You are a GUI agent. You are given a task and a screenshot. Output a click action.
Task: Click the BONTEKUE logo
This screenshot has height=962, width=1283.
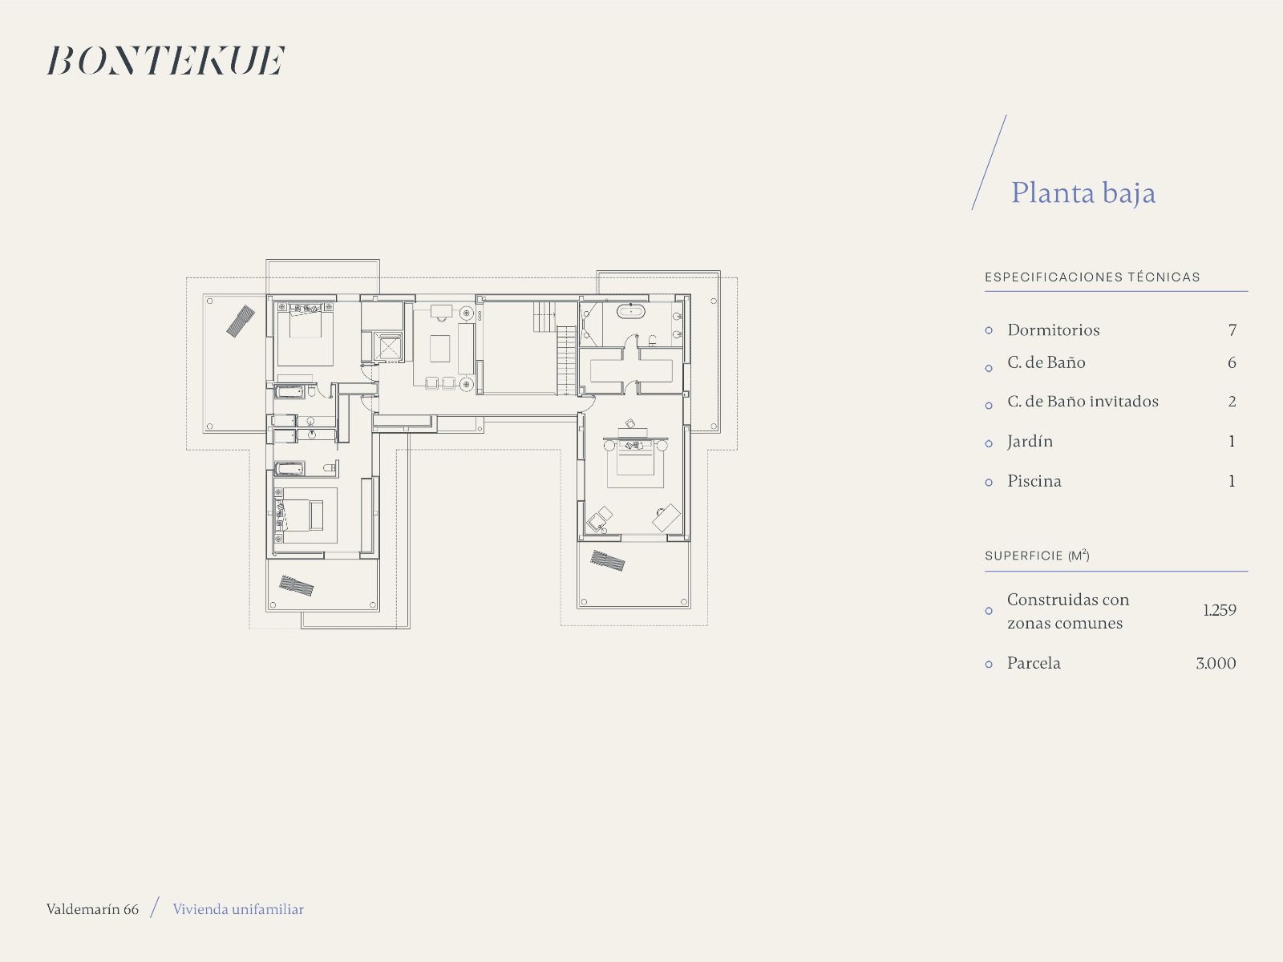point(166,60)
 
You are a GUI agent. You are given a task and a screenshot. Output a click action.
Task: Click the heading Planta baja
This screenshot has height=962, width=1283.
point(1083,193)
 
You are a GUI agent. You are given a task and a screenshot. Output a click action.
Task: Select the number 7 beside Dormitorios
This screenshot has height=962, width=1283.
point(1232,330)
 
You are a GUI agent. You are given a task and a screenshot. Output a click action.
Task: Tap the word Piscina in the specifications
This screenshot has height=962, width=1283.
point(1034,481)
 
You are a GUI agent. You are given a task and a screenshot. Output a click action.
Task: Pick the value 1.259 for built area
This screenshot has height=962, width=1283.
point(1220,610)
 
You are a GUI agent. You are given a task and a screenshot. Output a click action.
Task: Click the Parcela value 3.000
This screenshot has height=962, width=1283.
point(1216,663)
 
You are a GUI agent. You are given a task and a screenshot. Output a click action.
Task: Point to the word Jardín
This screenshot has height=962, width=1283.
point(1030,442)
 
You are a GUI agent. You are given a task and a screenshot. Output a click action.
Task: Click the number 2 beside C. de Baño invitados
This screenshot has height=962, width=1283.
point(1232,402)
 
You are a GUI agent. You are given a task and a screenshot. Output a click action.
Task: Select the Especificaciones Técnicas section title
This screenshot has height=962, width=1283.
point(1092,277)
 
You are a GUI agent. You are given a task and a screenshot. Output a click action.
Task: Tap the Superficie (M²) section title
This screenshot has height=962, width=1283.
point(1037,555)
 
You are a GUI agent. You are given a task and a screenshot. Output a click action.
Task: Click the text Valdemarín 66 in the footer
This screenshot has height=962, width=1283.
point(92,909)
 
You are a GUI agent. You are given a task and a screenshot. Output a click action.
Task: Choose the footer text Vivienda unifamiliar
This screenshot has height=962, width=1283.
point(238,909)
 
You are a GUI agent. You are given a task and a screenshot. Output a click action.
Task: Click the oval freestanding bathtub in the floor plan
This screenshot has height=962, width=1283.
point(631,311)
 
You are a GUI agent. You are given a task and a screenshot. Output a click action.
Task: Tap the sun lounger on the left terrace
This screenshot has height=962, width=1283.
point(241,321)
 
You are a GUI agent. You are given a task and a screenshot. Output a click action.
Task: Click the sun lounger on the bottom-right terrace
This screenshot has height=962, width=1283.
point(607,560)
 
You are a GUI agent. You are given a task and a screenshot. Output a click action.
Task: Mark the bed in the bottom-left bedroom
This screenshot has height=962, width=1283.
point(298,515)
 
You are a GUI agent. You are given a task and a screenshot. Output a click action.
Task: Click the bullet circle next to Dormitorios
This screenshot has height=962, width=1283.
point(989,330)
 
